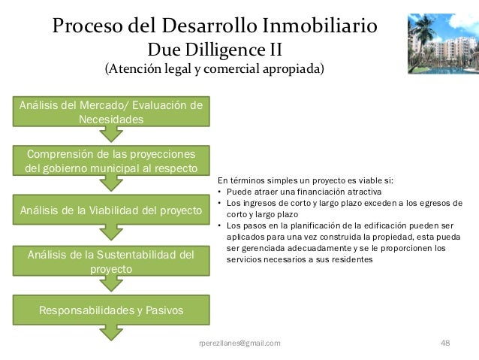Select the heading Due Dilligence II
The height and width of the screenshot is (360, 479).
(x=210, y=50)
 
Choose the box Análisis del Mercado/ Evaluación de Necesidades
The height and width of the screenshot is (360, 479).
(x=111, y=112)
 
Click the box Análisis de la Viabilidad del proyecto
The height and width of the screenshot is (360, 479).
(x=111, y=210)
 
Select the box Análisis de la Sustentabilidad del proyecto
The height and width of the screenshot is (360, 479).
(x=111, y=261)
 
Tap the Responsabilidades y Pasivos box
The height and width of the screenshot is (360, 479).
(x=111, y=309)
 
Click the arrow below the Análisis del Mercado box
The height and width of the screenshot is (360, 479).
(x=111, y=134)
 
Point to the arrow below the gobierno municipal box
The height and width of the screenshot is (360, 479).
(x=111, y=183)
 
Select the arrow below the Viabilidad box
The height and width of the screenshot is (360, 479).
(x=111, y=232)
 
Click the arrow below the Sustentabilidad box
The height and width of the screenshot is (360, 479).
(x=111, y=283)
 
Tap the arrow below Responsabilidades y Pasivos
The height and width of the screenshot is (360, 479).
(x=111, y=331)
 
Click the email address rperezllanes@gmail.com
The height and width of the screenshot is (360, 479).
(x=240, y=343)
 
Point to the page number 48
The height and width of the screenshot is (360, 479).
(x=444, y=343)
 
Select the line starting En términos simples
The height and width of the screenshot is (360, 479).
(x=306, y=180)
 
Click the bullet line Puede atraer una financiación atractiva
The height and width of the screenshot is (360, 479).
(x=303, y=192)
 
